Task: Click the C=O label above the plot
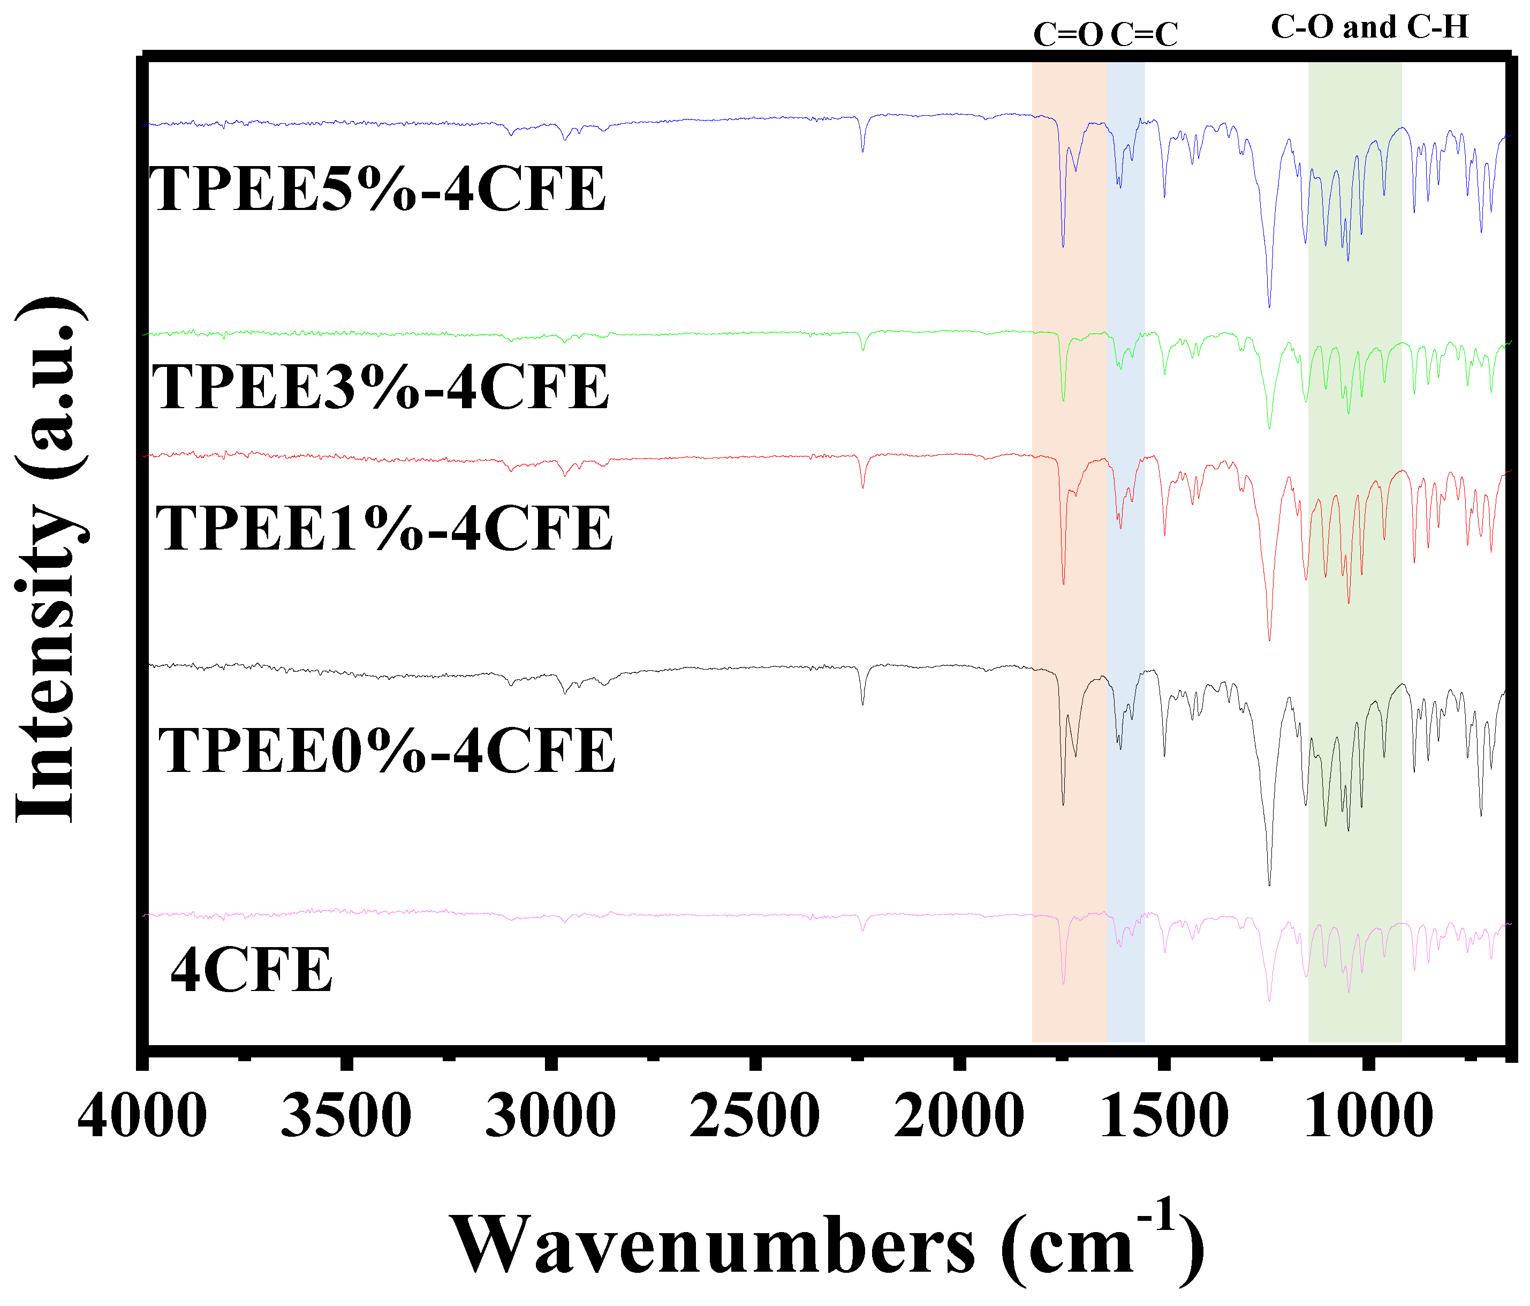[1068, 35]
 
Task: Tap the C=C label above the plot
[1144, 35]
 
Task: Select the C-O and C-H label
[1369, 27]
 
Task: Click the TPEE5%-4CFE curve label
[377, 190]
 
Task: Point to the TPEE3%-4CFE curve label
[380, 387]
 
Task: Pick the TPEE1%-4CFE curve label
[384, 529]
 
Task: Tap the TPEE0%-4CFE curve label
[387, 750]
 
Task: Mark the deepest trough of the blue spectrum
[1269, 306]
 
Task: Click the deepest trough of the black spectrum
[1269, 883]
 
